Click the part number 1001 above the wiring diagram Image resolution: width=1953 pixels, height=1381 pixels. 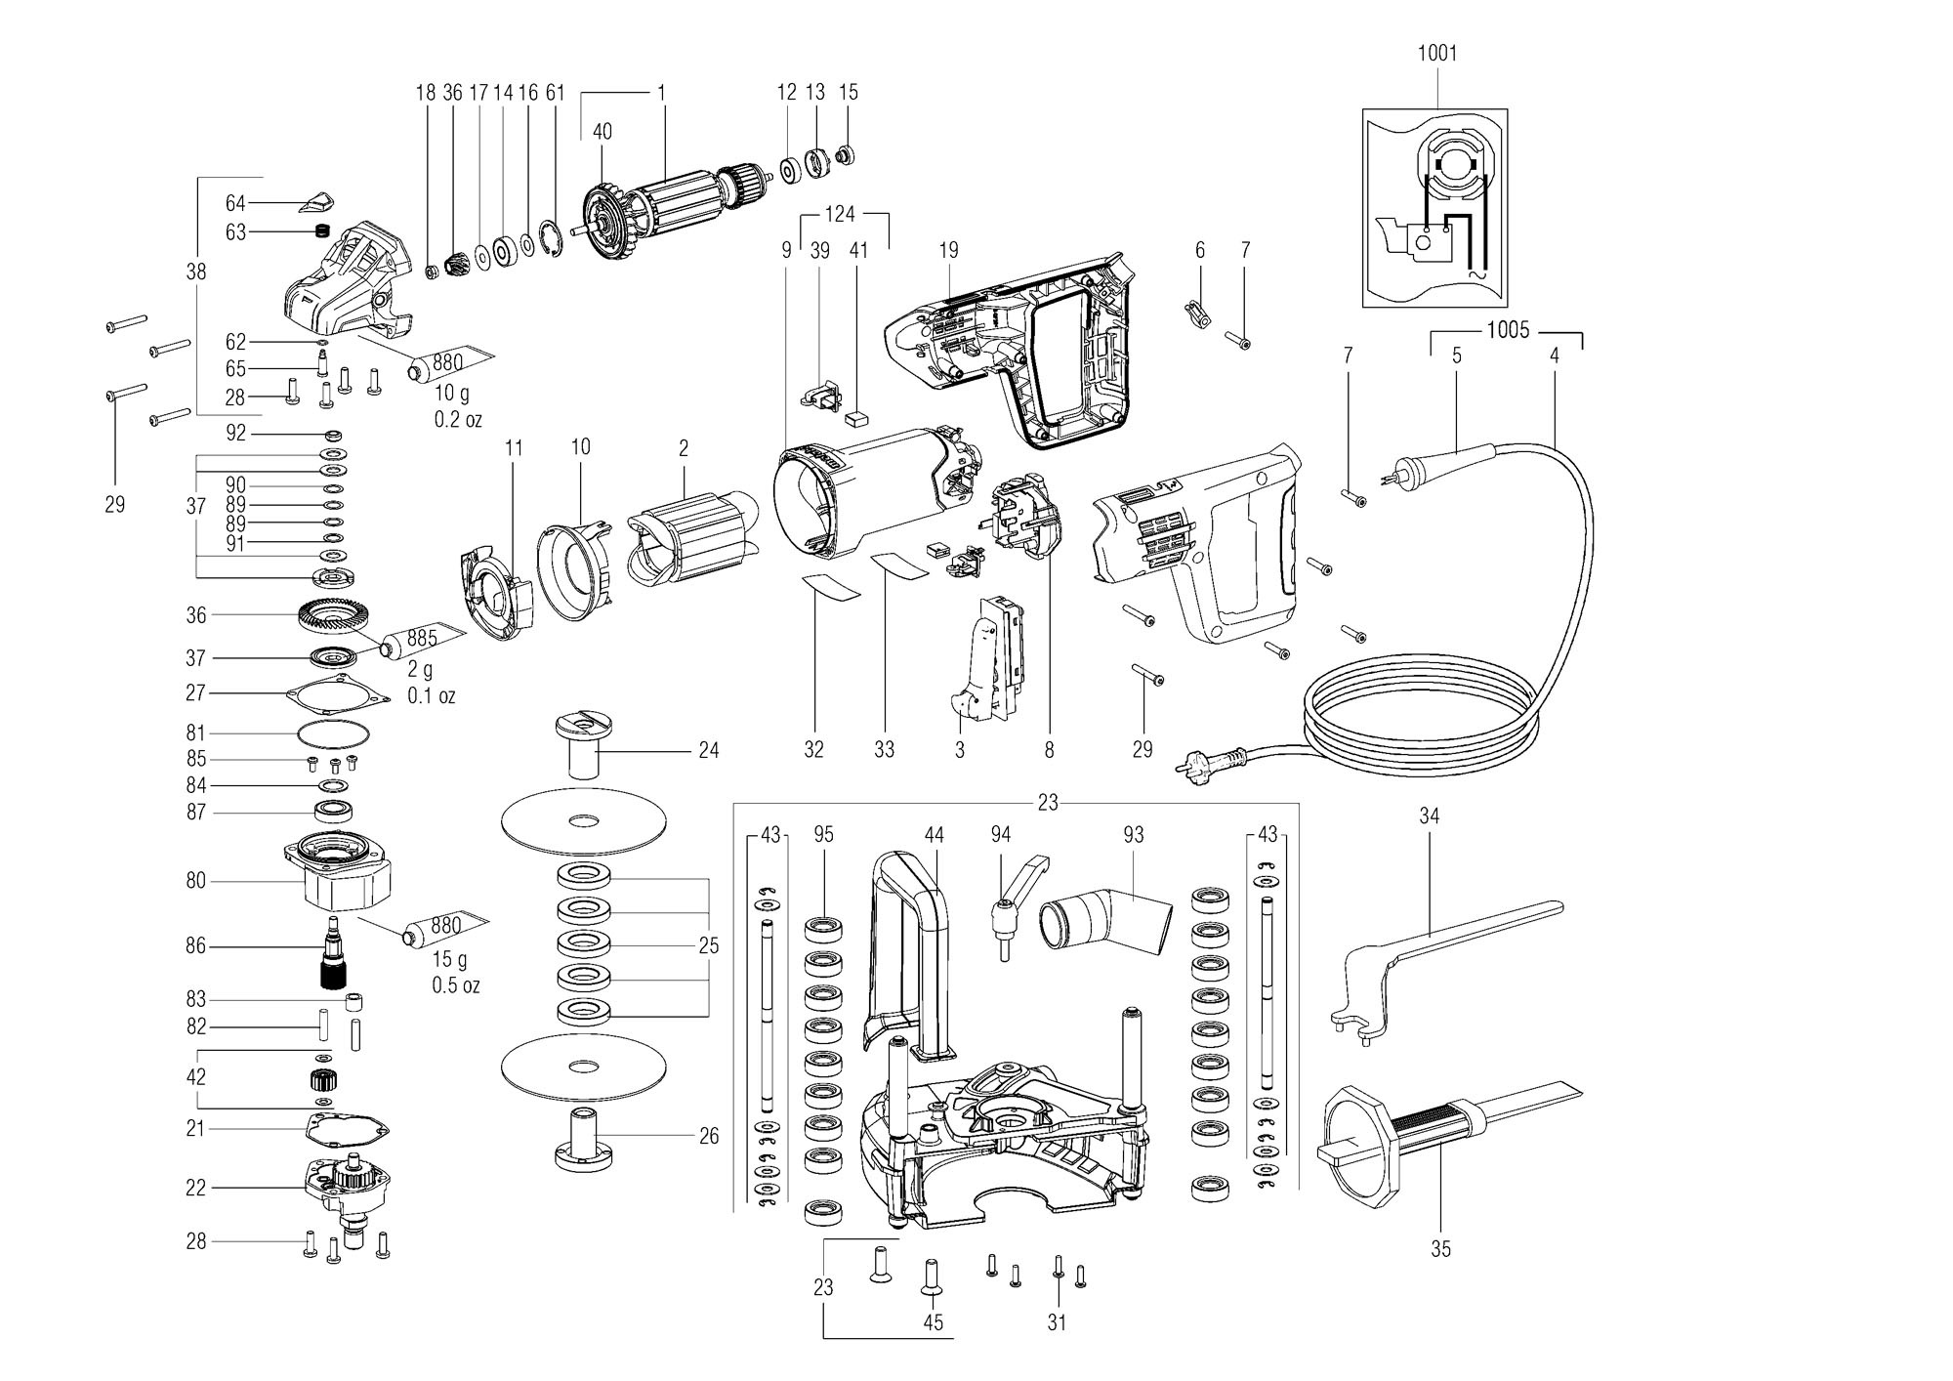pyautogui.click(x=1437, y=53)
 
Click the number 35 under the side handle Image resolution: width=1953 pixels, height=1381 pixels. pyautogui.click(x=1441, y=1248)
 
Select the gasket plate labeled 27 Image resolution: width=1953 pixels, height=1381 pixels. pyautogui.click(x=333, y=692)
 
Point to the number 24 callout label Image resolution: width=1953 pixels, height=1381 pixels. pyautogui.click(x=708, y=750)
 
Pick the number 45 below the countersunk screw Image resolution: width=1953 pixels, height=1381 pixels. pyautogui.click(x=933, y=1322)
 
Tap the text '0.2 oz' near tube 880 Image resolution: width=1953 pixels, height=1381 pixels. pyautogui.click(x=458, y=420)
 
